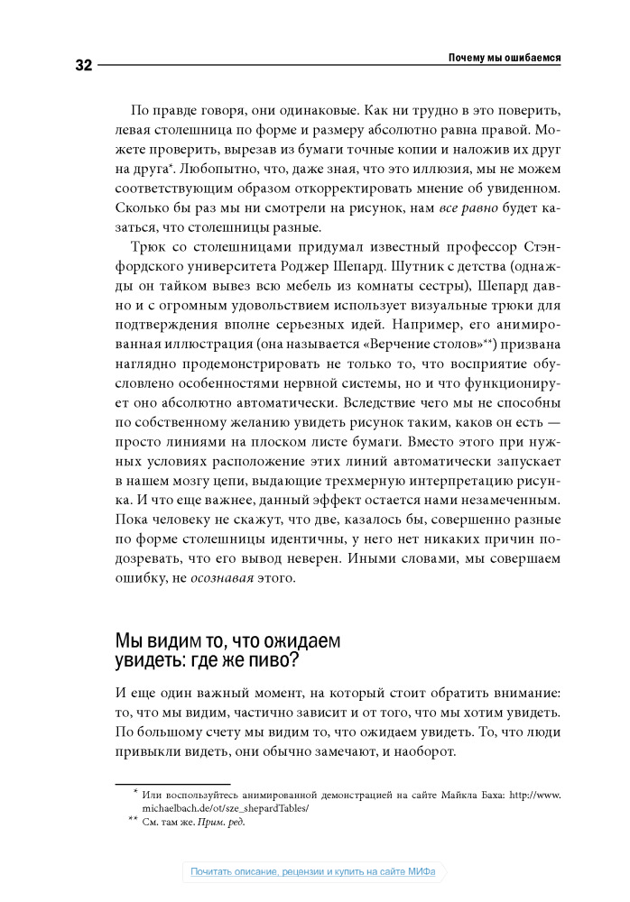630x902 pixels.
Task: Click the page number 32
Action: [x=79, y=65]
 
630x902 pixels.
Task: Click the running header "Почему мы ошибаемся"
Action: [x=505, y=58]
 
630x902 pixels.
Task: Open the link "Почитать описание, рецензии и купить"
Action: [x=290, y=872]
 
